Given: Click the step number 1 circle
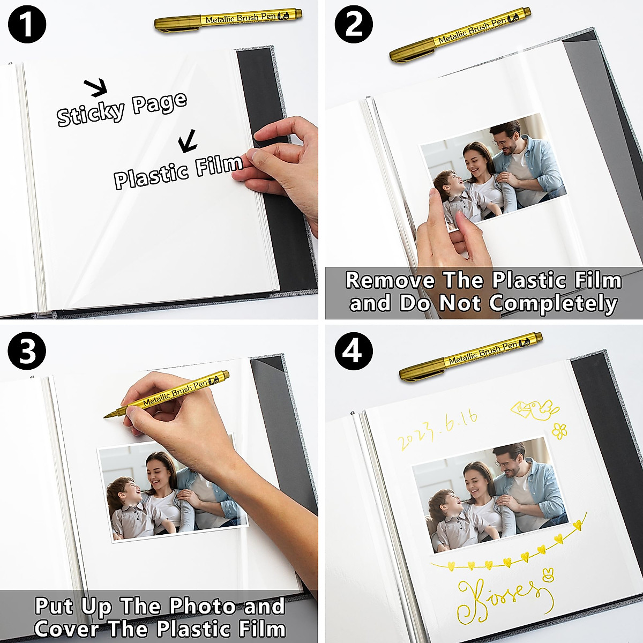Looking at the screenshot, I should pos(26,24).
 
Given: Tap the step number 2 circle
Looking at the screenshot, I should pos(354,24).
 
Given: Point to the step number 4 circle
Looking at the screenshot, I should pos(354,352).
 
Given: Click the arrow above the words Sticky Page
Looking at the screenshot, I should pos(96,87).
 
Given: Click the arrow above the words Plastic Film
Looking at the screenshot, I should pos(188,141).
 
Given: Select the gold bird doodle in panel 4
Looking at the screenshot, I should pos(534,410).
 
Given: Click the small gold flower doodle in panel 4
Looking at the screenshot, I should pos(559,430).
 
